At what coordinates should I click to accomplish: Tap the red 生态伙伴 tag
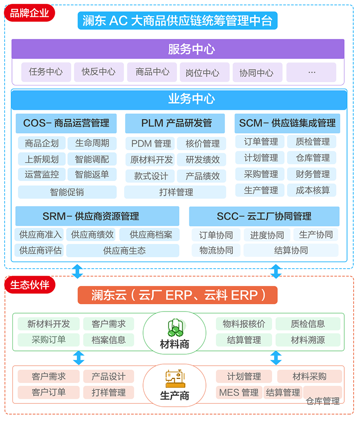click(29, 285)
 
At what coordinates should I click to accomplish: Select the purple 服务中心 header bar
click(178, 49)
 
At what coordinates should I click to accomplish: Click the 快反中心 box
click(99, 72)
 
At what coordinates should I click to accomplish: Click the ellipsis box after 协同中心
click(312, 72)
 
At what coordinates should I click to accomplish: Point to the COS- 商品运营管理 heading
click(66, 123)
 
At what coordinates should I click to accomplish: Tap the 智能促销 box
click(67, 192)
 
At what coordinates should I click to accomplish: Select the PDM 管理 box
click(151, 144)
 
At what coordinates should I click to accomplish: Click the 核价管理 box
click(203, 144)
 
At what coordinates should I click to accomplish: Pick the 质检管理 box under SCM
click(313, 142)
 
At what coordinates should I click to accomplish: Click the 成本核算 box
click(313, 190)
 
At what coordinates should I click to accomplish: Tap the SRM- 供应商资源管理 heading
click(97, 216)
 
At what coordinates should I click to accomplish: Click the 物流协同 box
click(216, 250)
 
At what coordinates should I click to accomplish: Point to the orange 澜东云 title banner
click(178, 295)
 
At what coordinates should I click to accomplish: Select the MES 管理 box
click(239, 392)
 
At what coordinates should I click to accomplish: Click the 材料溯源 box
click(308, 340)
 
